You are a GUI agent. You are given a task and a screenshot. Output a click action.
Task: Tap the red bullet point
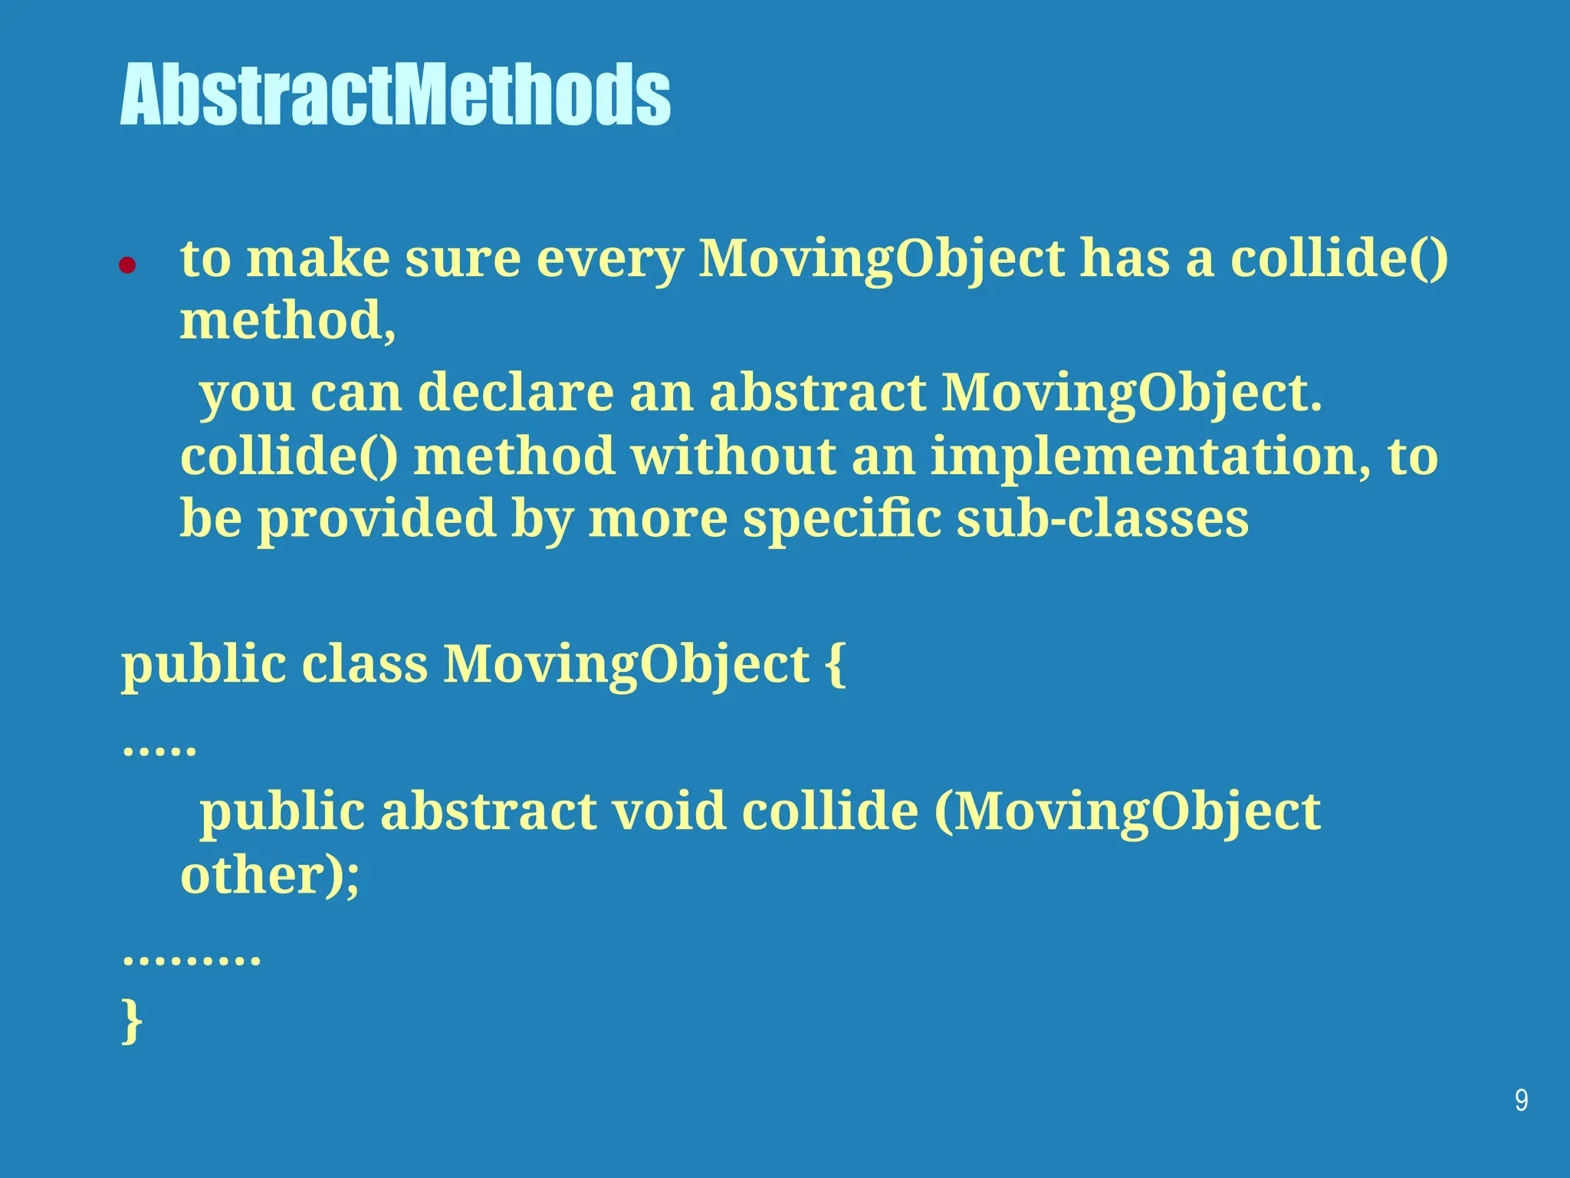127,265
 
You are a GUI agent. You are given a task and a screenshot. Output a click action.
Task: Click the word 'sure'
462,259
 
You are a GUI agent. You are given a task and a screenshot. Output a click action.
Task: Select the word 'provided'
376,520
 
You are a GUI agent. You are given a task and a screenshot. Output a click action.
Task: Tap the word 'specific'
842,520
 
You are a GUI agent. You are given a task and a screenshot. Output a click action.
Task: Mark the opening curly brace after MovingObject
836,664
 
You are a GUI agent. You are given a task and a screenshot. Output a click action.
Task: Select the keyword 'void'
668,811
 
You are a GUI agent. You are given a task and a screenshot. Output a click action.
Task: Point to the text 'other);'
270,875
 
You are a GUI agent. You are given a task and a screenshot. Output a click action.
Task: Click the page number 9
1521,1101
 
